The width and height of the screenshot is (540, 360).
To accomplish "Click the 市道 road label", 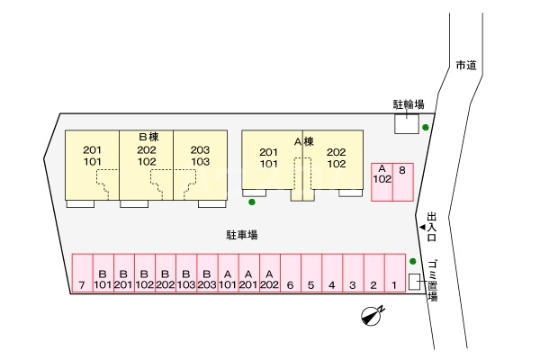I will tap(464, 66).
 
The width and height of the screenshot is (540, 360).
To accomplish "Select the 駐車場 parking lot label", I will tap(242, 235).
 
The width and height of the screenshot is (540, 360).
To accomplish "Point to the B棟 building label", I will tap(148, 136).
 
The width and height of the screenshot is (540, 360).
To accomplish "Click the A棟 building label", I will tap(303, 140).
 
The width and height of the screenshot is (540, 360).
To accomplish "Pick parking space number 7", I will tap(82, 274).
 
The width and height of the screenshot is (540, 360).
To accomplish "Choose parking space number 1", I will tap(394, 274).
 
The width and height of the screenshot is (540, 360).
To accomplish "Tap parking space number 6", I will tap(290, 274).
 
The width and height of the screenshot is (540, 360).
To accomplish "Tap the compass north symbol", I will tap(371, 314).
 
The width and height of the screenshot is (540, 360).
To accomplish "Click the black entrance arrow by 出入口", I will tap(422, 229).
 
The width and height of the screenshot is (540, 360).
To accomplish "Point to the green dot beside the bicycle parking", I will tap(426, 127).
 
